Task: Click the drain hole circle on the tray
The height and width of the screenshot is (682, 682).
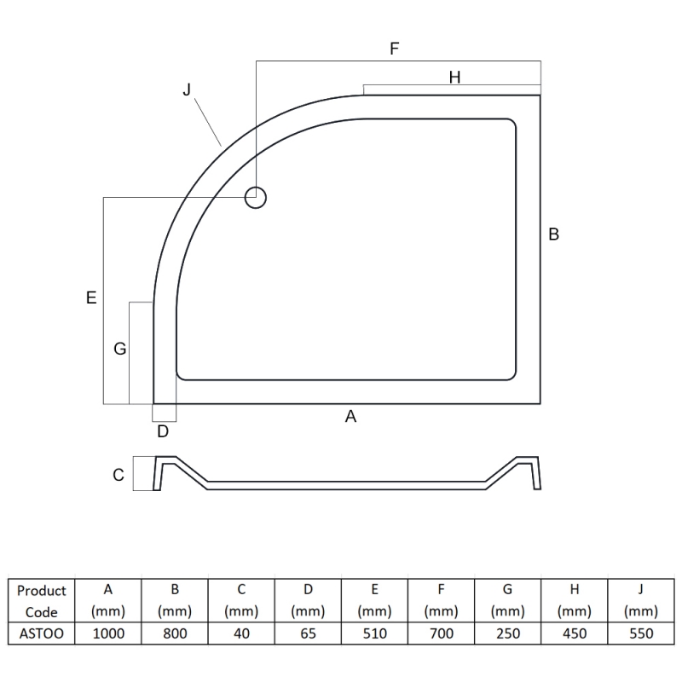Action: (256, 198)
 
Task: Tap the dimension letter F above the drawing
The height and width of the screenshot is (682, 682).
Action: (394, 49)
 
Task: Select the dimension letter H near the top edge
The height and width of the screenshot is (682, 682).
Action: (454, 78)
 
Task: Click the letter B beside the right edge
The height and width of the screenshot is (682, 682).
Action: (553, 234)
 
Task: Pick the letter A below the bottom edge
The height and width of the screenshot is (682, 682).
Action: (350, 416)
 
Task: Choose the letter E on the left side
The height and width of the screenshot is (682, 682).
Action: (91, 298)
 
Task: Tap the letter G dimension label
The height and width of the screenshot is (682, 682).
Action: (119, 349)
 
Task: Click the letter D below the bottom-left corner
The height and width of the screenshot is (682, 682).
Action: (163, 431)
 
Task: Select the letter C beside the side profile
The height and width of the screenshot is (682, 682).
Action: (118, 475)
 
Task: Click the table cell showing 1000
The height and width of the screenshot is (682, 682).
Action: (107, 633)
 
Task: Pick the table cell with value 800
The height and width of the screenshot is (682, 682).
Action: (175, 633)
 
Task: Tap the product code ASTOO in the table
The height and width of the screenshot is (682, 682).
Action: (41, 633)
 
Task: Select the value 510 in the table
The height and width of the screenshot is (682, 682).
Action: (375, 633)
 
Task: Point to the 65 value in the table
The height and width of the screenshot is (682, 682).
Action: (308, 633)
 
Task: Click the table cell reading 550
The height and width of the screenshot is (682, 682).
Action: (641, 633)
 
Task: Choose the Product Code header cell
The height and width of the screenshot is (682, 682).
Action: (41, 601)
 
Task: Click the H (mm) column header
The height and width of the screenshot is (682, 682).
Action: (575, 601)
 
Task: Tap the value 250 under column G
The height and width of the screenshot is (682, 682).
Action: (508, 633)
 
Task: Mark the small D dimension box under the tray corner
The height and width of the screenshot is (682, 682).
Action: (165, 413)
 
